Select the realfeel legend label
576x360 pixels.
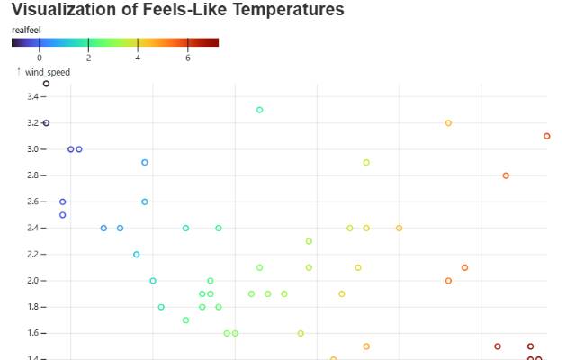[x=26, y=30]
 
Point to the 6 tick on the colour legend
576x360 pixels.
[x=187, y=58]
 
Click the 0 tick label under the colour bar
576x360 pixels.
[x=39, y=58]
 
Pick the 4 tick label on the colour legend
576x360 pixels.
[x=138, y=58]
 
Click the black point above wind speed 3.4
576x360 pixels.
[x=46, y=84]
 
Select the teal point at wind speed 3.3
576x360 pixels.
[x=259, y=110]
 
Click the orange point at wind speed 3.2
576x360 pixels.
[x=448, y=122]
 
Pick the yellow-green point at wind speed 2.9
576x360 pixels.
[x=366, y=162]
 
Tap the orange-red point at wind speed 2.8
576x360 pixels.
[x=506, y=175]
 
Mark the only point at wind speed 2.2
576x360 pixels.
[x=136, y=254]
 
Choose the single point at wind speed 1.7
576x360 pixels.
[x=185, y=319]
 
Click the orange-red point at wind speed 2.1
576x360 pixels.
[x=464, y=267]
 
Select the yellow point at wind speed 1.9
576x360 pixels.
[x=342, y=293]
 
